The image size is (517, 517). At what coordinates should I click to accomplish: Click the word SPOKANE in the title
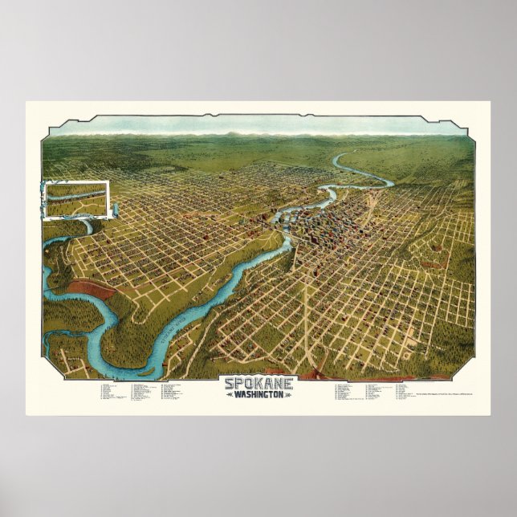(x=258, y=385)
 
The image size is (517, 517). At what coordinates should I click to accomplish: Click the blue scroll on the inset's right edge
(x=115, y=209)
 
